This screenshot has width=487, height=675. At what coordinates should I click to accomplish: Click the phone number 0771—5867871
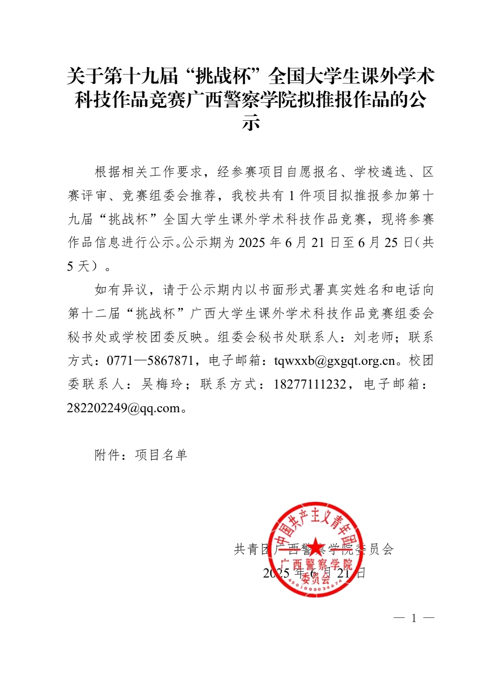tap(150, 361)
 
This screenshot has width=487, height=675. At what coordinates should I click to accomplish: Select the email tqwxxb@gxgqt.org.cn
tap(334, 361)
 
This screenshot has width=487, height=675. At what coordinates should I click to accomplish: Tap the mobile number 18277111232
tap(309, 384)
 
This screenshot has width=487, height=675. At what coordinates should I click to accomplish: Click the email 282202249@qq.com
tap(123, 408)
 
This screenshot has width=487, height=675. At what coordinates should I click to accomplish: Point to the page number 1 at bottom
tap(414, 618)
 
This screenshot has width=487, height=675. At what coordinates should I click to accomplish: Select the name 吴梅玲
tap(162, 384)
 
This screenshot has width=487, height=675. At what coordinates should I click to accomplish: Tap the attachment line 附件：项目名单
tap(141, 455)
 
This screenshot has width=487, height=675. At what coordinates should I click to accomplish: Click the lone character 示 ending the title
tap(250, 123)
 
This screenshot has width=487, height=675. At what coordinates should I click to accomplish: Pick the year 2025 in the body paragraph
tap(252, 242)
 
